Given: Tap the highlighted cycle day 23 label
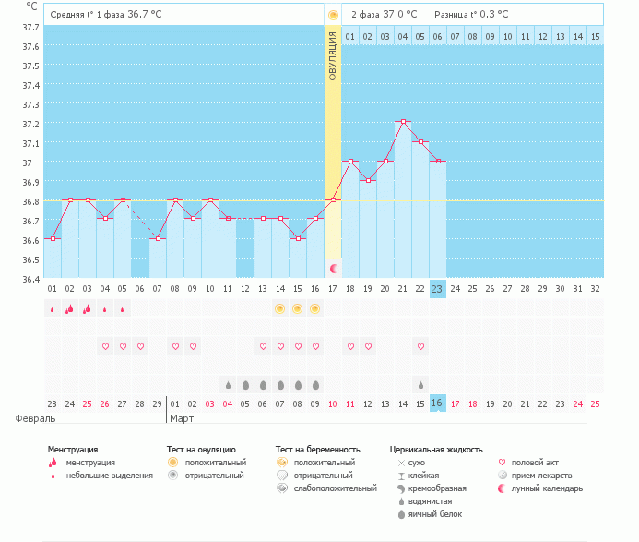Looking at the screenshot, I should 437,288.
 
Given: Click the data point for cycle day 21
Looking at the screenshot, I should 403,121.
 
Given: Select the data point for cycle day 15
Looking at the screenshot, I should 297,238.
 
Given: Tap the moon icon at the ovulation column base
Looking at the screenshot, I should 334,268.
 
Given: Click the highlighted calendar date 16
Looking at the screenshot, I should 437,403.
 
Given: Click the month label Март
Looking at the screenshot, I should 183,418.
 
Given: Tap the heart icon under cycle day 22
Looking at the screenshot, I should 420,346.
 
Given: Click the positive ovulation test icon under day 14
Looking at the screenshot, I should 279,308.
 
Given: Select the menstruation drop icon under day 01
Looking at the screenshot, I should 52,309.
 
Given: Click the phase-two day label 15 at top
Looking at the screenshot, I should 595,36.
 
